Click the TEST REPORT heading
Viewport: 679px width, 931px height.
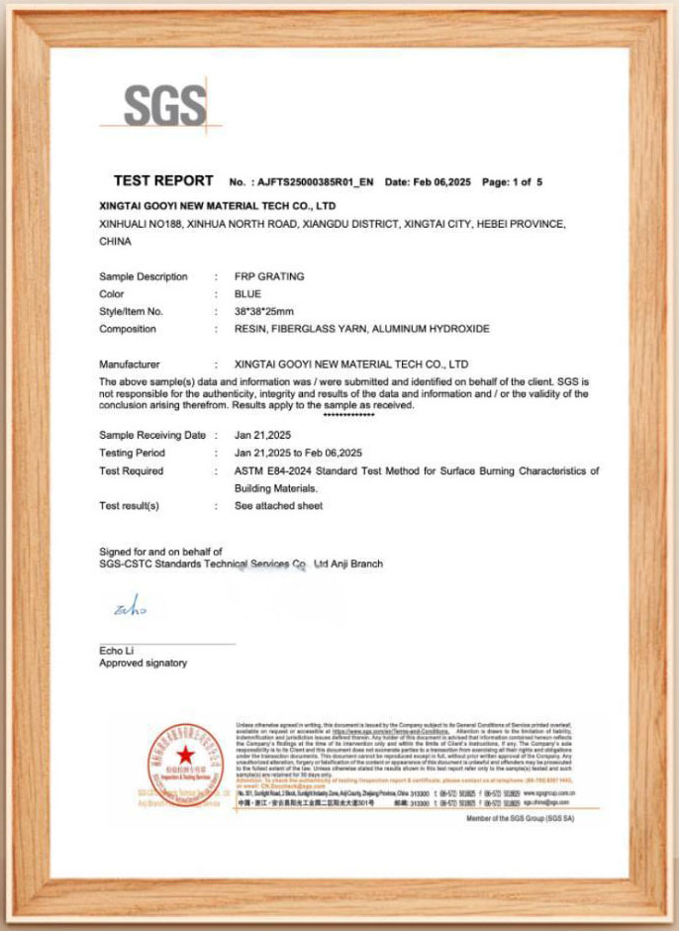[163, 181]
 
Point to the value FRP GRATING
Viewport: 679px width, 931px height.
[269, 276]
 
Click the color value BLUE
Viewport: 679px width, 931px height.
[247, 294]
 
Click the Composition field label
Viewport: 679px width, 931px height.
[128, 329]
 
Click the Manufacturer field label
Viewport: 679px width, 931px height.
[130, 364]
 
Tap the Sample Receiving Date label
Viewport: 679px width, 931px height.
[152, 435]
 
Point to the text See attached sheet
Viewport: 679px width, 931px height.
[278, 506]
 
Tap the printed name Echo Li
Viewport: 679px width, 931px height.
[117, 650]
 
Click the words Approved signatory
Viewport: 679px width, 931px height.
[143, 663]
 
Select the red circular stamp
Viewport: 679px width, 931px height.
[185, 760]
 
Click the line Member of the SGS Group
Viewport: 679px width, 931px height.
[518, 819]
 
